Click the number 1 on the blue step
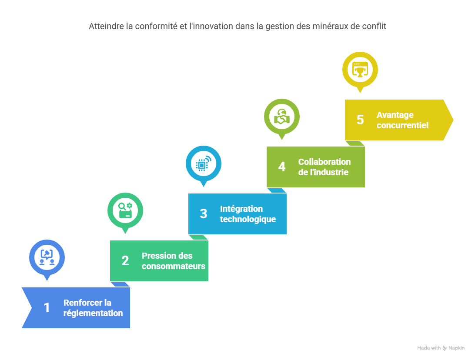[x=47, y=308]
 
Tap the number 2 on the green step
[x=125, y=261]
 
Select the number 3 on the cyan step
[x=204, y=214]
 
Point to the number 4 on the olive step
[x=282, y=167]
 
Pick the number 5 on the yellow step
[x=360, y=120]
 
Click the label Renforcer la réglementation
[x=93, y=308]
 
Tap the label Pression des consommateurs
[x=173, y=261]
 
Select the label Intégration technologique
[x=248, y=214]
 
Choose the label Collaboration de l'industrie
[x=324, y=167]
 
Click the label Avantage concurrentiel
[x=402, y=120]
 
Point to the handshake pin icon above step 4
[x=282, y=116]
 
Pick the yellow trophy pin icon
[x=360, y=69]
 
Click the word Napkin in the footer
[x=457, y=348]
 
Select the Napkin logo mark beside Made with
[x=445, y=348]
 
